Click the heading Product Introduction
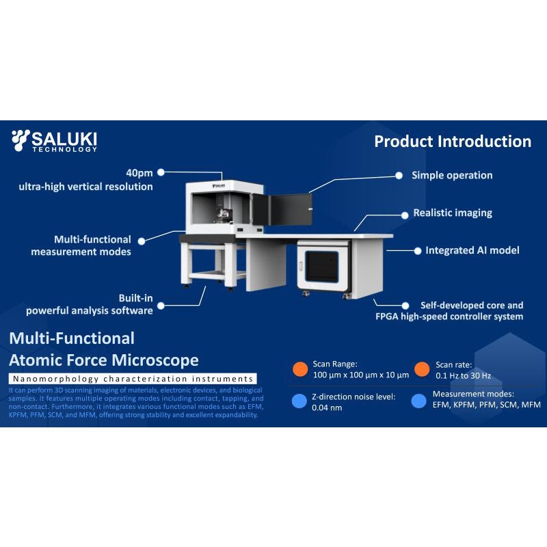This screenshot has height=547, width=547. (x=453, y=142)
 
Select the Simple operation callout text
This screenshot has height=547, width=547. (x=452, y=176)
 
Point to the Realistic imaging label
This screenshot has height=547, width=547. (x=453, y=213)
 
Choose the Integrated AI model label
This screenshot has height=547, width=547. (x=472, y=250)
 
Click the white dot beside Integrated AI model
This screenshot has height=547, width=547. (x=417, y=251)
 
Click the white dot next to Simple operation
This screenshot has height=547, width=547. (x=399, y=175)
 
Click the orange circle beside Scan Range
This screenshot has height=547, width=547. (x=299, y=369)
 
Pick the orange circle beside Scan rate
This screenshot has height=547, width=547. (x=421, y=369)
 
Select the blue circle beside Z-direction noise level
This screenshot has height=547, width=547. (x=299, y=401)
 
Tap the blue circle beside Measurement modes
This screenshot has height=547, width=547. (x=419, y=401)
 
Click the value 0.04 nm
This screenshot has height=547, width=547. (x=327, y=408)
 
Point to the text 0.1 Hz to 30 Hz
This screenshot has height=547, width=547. (x=463, y=375)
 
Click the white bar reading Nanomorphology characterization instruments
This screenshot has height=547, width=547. (x=133, y=379)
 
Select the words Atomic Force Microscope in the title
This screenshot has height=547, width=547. (x=104, y=360)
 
